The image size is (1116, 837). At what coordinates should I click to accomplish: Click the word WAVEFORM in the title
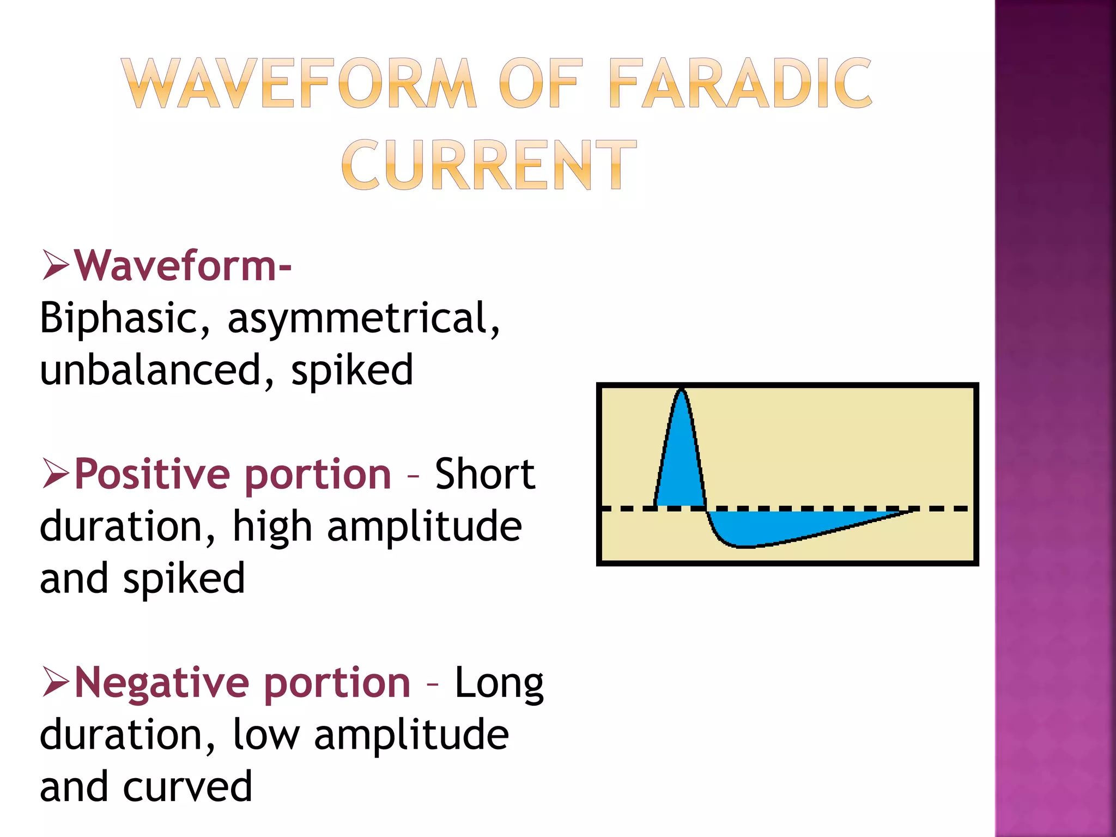299,83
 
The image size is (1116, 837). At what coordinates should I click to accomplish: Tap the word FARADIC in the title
740,83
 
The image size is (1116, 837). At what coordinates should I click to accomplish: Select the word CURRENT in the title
489,164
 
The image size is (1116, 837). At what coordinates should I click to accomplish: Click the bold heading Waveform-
183,266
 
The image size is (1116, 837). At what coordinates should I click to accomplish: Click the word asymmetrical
363,318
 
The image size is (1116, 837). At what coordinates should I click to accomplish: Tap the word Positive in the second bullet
152,474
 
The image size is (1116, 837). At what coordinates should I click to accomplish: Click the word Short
484,474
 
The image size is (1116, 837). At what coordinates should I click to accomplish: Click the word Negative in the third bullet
161,682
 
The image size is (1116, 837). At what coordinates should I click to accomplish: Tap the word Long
499,683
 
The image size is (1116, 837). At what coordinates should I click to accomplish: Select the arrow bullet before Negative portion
56,682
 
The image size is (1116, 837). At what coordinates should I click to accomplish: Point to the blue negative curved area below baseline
774,526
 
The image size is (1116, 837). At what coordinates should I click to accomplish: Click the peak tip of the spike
681,390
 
